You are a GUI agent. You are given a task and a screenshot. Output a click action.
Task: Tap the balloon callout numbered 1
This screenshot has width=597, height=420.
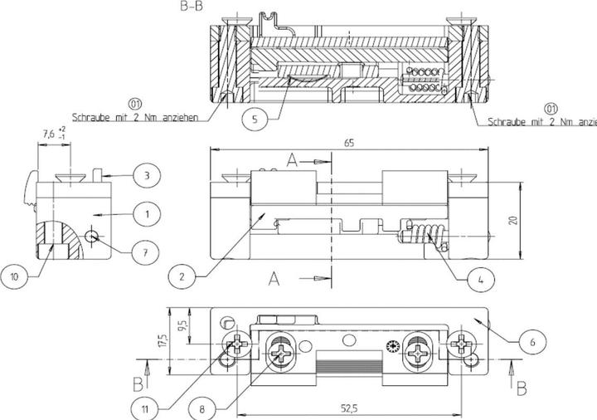[x=147, y=214]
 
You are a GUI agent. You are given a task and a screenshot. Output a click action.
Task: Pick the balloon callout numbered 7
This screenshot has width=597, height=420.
[x=147, y=250]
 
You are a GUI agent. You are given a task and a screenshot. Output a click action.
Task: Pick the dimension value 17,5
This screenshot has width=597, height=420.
[x=163, y=340]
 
